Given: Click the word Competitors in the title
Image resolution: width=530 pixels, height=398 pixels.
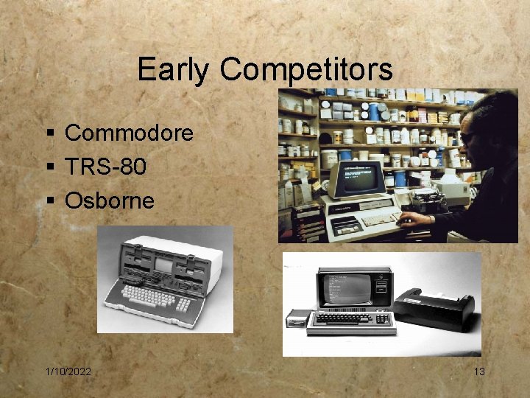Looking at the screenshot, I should [305, 71].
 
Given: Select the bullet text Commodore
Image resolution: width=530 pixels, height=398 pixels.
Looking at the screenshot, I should [129, 133].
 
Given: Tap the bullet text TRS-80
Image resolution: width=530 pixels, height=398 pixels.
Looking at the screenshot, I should [105, 167].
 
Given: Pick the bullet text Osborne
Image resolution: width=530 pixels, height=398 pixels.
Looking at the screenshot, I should [110, 200].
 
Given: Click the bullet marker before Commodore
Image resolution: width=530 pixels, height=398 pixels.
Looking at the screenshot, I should [49, 133].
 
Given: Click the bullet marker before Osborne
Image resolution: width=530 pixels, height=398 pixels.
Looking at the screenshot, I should [49, 200].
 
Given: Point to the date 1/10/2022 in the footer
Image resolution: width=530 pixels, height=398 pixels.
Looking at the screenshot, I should [68, 371].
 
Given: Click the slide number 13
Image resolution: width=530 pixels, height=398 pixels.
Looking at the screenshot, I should [479, 371].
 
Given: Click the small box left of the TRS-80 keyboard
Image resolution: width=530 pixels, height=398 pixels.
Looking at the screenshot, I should [299, 318].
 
